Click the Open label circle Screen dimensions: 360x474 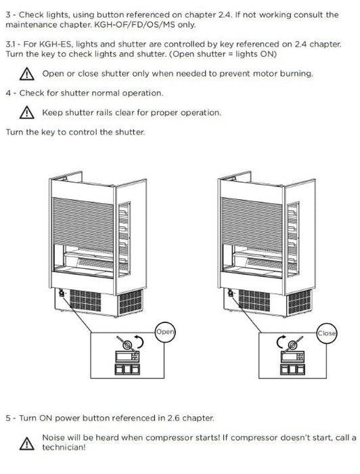point(165,332)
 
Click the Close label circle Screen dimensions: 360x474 point(326,333)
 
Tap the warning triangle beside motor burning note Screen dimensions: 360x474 point(26,74)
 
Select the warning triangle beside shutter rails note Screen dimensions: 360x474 point(26,112)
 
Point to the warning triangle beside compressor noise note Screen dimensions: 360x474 point(26,443)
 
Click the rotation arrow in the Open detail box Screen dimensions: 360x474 point(141,341)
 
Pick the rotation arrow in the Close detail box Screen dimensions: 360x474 point(279,341)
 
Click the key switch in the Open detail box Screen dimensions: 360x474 point(127,344)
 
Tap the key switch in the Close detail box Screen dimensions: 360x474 point(292,344)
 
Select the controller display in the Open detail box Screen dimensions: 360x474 point(127,357)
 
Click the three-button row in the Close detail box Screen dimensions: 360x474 point(292,369)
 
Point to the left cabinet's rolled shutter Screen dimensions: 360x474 point(83,222)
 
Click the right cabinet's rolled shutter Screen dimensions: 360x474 point(252,222)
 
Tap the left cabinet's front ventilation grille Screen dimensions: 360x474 point(85,300)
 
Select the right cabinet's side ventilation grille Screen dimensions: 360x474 point(299,302)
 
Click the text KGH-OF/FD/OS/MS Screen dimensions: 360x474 point(135,25)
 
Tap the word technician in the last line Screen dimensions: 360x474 point(64,448)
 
